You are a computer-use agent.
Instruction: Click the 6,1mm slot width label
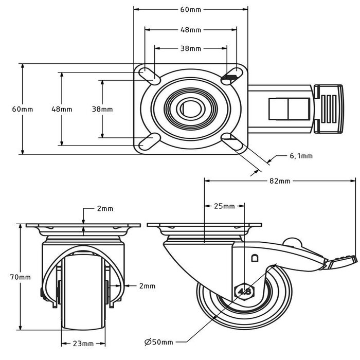point(301,155)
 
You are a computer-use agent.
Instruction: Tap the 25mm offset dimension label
point(224,206)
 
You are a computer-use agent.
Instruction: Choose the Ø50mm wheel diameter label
point(159,341)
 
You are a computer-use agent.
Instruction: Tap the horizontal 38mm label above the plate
point(191,49)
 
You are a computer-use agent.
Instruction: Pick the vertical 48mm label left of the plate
point(62,109)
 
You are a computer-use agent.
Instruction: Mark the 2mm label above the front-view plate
point(105,209)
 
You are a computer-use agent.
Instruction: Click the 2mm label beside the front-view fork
point(147,285)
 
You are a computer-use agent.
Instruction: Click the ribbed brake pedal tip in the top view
point(329,109)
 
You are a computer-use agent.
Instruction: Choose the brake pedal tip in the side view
point(342,261)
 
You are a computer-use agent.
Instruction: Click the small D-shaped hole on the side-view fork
point(254,258)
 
